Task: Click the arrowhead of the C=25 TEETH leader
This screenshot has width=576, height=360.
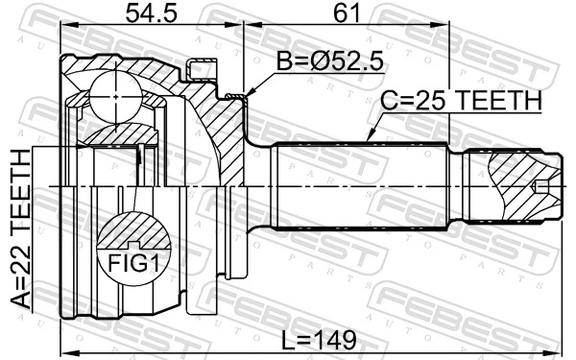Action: [369, 139]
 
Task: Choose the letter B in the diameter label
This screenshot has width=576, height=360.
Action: [283, 62]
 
